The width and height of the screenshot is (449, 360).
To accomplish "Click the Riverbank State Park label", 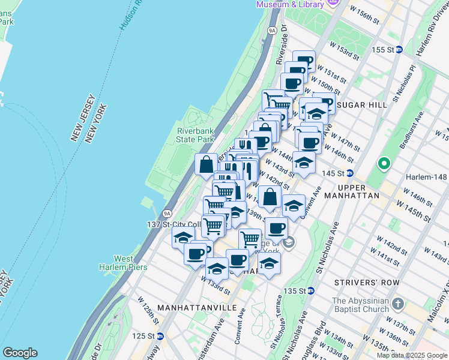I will tap(195, 135).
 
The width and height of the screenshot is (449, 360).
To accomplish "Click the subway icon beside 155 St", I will tap(399, 49).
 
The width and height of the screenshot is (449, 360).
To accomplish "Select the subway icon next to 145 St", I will tap(349, 173).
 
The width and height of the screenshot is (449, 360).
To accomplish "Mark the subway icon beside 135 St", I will tap(311, 291).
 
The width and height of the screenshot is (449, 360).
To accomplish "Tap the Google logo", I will tap(20, 353).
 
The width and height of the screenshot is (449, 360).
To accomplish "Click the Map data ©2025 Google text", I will tap(411, 355).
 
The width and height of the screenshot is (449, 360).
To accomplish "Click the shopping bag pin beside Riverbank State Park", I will tap(206, 165).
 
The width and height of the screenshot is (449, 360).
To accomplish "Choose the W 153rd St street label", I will tap(343, 50).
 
